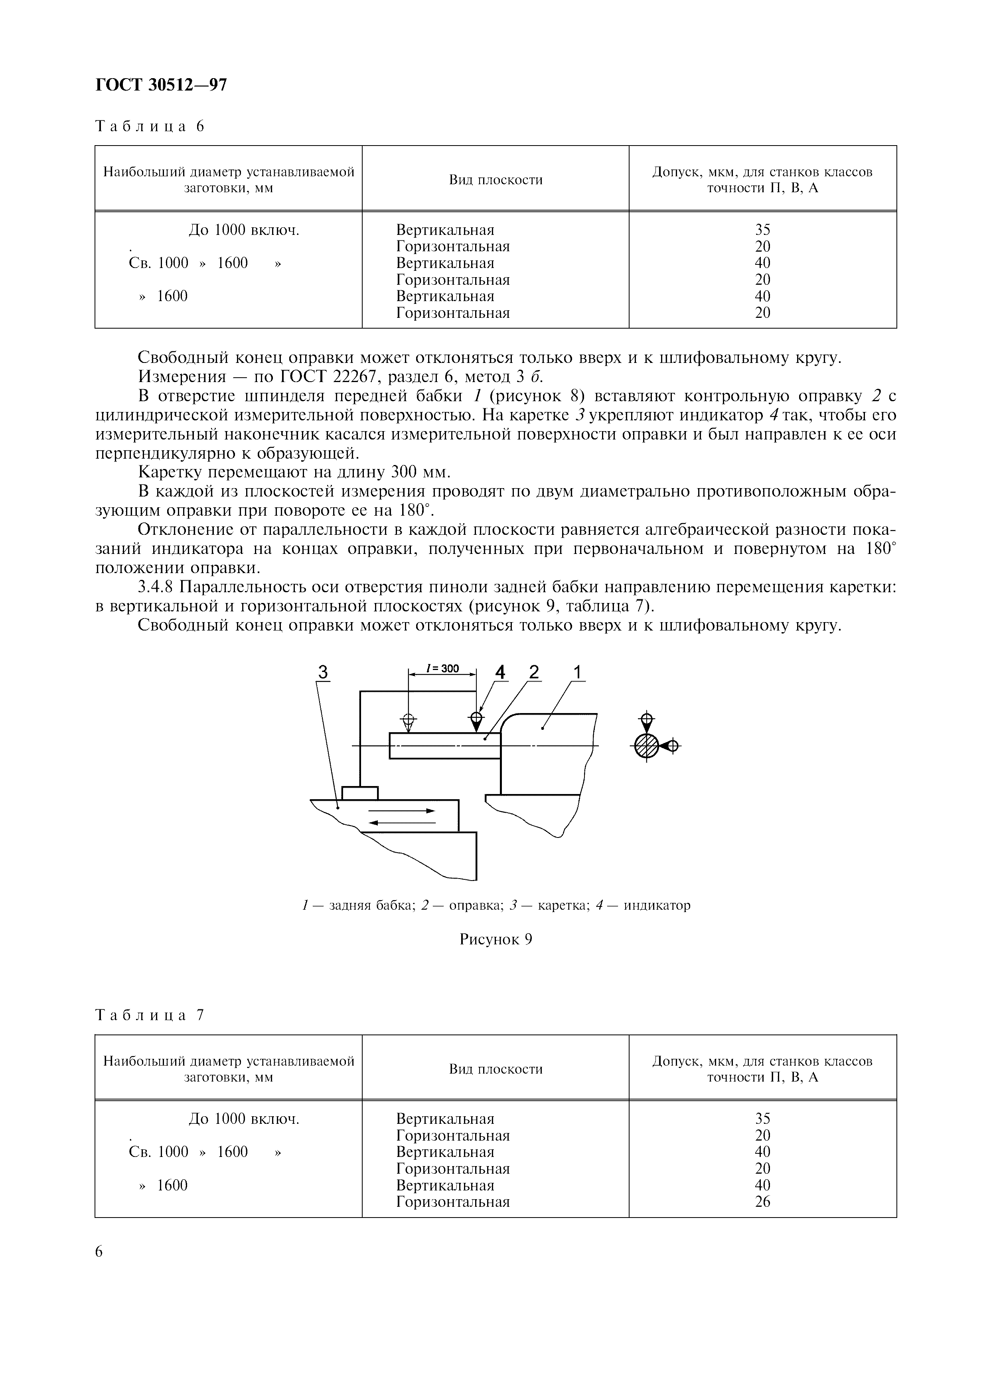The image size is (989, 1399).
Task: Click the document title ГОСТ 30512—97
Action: (161, 85)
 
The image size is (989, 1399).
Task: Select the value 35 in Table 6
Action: (762, 230)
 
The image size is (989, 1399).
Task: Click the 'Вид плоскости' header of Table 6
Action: (495, 180)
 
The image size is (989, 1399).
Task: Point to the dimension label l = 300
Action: (443, 668)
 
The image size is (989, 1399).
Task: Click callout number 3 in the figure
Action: (323, 672)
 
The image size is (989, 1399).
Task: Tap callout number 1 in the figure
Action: (577, 672)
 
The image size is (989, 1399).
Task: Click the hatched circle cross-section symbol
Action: (647, 745)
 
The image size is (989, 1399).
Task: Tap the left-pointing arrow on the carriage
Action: (402, 823)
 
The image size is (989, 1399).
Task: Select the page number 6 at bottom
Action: (100, 1251)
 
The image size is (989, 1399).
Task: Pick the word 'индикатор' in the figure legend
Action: (657, 905)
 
